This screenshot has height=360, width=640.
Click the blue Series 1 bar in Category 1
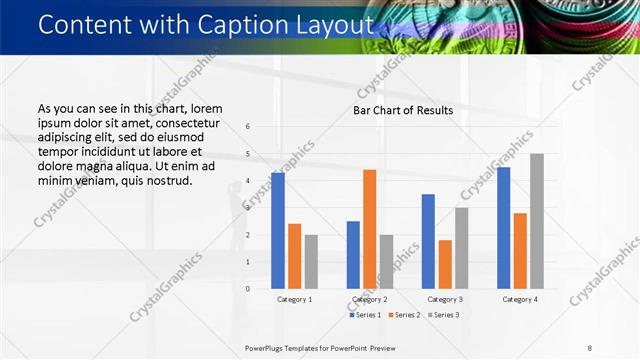coord(277,231)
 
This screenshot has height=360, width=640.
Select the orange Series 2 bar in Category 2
coord(370,229)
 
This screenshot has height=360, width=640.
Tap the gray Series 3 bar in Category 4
coord(537,221)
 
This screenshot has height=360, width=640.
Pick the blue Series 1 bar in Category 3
coord(428,241)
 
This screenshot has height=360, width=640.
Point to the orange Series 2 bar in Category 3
coord(445,264)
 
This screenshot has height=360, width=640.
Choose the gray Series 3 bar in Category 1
coord(311,262)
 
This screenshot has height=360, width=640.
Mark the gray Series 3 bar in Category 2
coord(387,262)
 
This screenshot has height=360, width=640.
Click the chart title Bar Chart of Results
coord(403,110)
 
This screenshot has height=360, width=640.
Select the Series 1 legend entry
coord(366,315)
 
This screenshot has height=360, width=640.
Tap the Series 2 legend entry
coord(404,315)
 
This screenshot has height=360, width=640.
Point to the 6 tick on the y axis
coord(248,126)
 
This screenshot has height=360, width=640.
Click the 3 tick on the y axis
coord(248,208)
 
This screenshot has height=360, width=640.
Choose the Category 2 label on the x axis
coord(370,299)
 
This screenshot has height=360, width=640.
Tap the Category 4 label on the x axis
coord(520,299)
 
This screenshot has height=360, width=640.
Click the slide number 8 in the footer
coord(589,348)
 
